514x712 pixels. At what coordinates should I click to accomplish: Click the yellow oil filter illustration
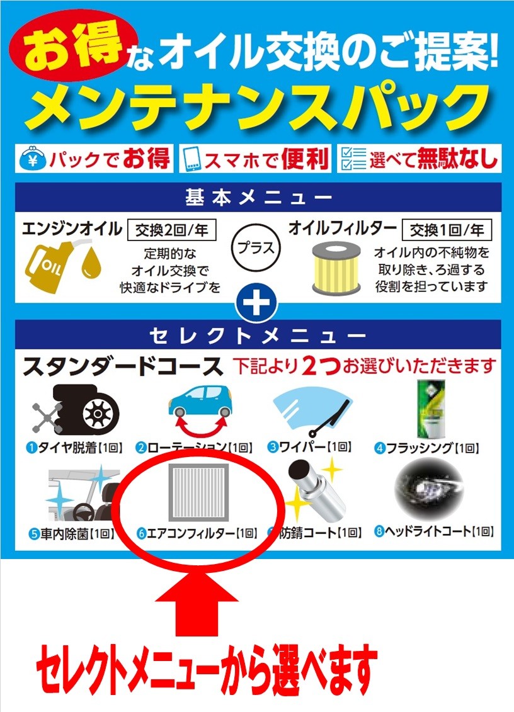coord(336,268)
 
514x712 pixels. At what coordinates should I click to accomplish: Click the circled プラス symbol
coord(256,248)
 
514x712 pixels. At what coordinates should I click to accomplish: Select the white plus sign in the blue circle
coord(256,303)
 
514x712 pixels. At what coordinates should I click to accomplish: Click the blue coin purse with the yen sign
coord(33,159)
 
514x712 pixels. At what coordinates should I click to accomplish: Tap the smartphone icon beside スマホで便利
coord(191,159)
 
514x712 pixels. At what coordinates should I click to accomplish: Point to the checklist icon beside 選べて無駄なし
coord(353,159)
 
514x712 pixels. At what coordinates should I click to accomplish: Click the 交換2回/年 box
coord(172,230)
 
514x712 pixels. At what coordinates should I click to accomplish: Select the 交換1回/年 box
coord(447,230)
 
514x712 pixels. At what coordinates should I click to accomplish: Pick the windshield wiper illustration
coord(313,411)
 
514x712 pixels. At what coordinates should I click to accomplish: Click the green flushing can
coord(430,409)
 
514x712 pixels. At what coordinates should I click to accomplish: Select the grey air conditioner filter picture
coord(198,492)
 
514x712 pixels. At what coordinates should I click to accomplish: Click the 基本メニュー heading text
coord(259,198)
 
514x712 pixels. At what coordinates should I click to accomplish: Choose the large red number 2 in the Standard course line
coord(310,366)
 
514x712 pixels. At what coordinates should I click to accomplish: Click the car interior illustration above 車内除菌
coord(84,495)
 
